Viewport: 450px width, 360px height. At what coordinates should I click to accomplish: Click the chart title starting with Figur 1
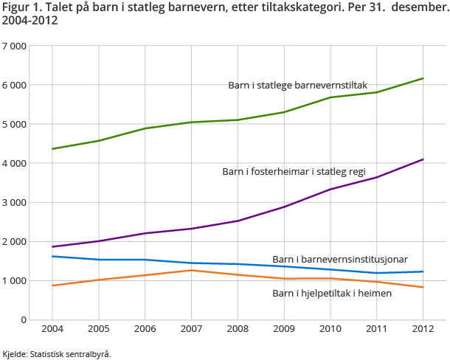[x=224, y=13]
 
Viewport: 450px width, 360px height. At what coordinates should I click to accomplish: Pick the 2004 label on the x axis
[x=52, y=328]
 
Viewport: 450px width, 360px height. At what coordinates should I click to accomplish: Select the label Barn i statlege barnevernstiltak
[x=297, y=86]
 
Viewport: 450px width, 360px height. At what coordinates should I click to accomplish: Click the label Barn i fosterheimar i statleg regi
[x=294, y=171]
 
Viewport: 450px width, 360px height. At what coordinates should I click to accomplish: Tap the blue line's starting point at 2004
[x=52, y=256]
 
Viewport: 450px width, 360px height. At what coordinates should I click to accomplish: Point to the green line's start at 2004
[x=52, y=149]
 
